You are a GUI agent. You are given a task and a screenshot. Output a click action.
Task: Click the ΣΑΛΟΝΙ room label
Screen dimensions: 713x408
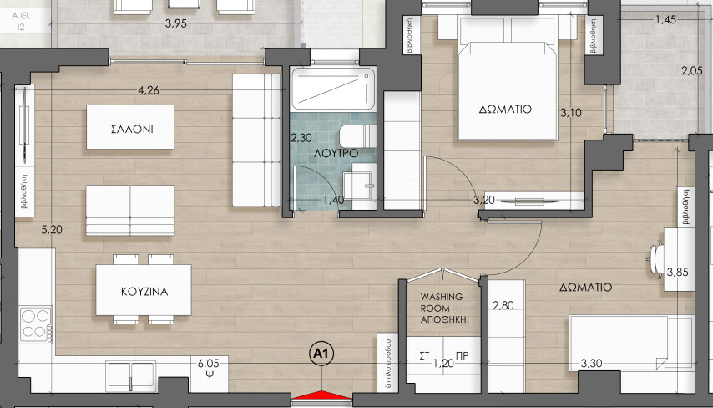tap(132, 129)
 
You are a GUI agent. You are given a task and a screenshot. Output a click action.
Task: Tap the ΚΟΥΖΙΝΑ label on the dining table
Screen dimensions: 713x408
tap(144, 292)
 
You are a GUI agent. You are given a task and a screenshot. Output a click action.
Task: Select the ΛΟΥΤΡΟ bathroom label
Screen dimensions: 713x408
tap(336, 154)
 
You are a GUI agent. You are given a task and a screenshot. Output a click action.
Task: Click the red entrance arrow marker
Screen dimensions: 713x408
tap(321, 395)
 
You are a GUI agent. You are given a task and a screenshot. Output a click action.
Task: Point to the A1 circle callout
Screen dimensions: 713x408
tap(321, 354)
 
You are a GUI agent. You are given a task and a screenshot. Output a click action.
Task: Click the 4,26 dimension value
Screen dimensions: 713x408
tap(149, 90)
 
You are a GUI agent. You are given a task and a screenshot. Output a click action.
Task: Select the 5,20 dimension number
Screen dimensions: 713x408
tap(52, 230)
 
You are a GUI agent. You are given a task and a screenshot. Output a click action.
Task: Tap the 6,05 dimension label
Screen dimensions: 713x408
tap(208, 363)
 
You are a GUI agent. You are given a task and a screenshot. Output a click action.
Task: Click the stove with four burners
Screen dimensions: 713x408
tap(36, 324)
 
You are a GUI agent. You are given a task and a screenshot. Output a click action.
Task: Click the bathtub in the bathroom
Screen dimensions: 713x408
tap(334, 89)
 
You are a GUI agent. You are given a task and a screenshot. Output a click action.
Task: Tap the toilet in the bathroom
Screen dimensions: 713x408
tap(358, 136)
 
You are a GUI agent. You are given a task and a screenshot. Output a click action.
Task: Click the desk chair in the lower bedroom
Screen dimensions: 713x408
tap(656, 259)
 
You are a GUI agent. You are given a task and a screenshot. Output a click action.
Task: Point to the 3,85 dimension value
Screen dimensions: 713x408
tap(678, 273)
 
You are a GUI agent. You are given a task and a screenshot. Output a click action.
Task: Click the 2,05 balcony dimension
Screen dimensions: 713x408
tap(691, 70)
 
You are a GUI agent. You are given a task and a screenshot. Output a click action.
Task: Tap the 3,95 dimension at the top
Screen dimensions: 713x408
tap(176, 23)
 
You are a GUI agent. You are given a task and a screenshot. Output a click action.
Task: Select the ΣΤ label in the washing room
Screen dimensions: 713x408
tap(424, 356)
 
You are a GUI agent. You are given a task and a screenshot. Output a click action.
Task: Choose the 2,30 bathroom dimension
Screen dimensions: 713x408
tap(301, 137)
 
